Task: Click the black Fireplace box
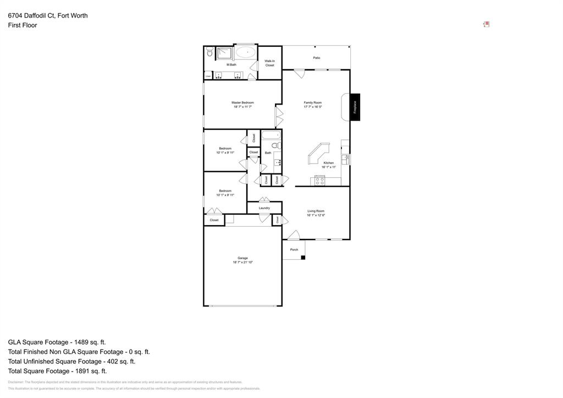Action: coord(355,107)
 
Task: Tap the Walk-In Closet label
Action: coord(269,63)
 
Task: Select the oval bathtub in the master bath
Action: coord(246,53)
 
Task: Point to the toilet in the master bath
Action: coord(209,52)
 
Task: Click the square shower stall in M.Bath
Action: coord(224,53)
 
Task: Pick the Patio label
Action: coord(317,58)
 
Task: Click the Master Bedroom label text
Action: coord(242,102)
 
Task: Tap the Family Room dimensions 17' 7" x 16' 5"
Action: coord(313,107)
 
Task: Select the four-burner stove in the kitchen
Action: coord(319,181)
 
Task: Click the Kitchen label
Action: coord(329,163)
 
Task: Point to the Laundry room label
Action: coord(264,208)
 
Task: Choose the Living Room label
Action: coord(316,211)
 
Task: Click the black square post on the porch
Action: coord(303,256)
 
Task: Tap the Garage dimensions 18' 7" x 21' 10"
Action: coord(242,262)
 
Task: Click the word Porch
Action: coord(294,249)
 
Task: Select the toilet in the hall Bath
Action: coord(277,146)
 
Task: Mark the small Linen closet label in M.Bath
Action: coord(208,75)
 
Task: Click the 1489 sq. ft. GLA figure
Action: coord(88,342)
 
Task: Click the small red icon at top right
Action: coord(486,24)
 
